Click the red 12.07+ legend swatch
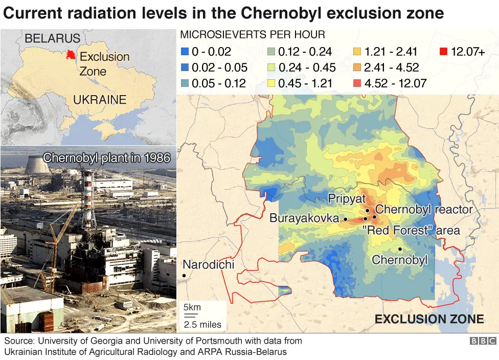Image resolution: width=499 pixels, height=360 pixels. click(443, 51)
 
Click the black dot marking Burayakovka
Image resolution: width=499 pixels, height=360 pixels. click(345, 219)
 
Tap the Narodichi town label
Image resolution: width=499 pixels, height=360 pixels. click(208, 264)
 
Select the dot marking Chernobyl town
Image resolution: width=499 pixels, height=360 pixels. click(400, 249)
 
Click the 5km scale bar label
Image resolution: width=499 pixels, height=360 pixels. click(192, 307)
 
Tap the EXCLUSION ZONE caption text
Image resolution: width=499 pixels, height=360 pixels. click(429, 320)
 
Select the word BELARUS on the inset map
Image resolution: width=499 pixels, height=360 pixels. click(52, 38)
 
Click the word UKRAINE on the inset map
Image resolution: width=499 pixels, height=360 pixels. click(100, 100)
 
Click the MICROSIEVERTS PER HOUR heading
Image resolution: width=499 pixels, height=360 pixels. click(253, 35)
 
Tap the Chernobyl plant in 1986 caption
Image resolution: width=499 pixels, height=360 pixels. click(106, 157)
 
